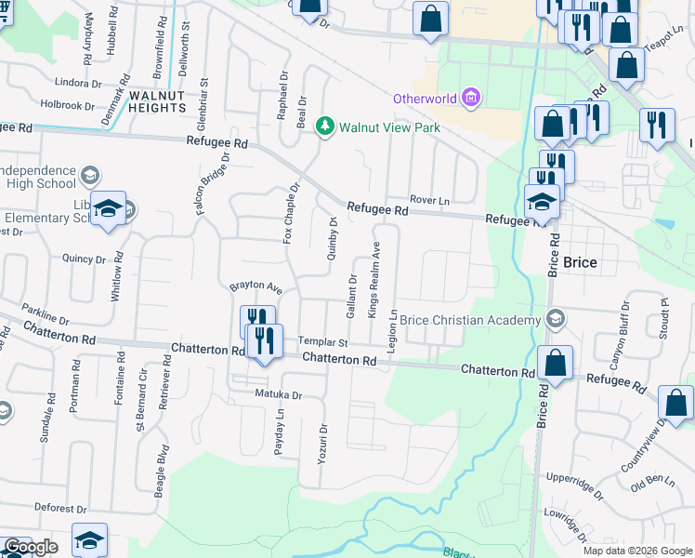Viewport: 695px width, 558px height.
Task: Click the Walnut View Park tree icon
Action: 325,126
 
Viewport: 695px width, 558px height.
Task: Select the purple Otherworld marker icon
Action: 471,97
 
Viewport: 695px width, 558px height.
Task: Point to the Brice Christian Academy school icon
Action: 556,319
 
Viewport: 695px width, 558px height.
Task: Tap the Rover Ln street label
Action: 430,200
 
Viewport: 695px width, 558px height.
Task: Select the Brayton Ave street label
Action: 256,288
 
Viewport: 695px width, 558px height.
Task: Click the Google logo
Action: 30,547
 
